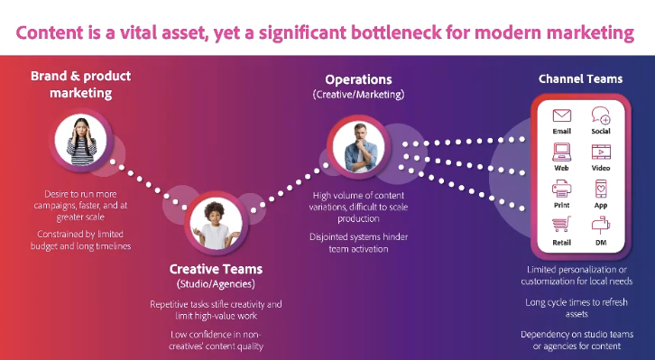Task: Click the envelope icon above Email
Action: coord(561,115)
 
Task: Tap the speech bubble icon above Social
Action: coord(601,115)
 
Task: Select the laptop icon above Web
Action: coord(561,152)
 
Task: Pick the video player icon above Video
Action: coord(601,152)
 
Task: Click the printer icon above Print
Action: coord(561,189)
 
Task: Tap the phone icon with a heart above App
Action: coord(601,189)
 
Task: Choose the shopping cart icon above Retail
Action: coord(561,225)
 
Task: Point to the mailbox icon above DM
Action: coord(601,226)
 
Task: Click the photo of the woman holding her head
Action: coord(81,140)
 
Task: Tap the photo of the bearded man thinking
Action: coord(359,147)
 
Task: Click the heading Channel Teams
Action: coord(580,78)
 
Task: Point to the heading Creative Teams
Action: coord(216,269)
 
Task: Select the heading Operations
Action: coord(358,79)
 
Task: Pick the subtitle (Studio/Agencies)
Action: coord(216,284)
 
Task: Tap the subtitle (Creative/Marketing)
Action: coord(358,95)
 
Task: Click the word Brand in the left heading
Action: coord(49,76)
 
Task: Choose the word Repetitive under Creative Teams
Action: coord(170,304)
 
